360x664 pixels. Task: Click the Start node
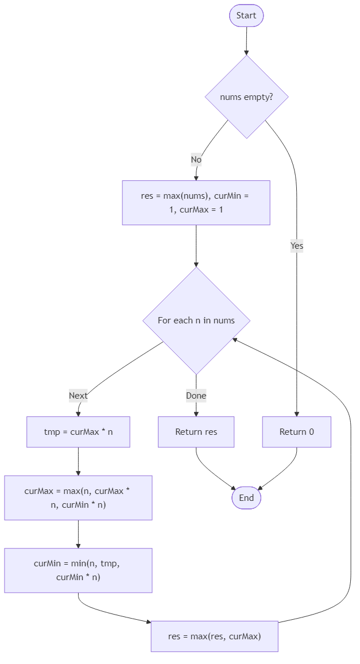pos(246,16)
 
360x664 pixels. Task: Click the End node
pos(246,497)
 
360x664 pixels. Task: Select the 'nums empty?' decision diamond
pos(246,97)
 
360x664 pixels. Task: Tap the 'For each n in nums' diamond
pos(196,321)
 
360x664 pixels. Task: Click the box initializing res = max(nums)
pos(196,203)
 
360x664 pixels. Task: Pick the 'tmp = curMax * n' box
pos(78,432)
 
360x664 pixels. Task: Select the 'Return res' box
pos(196,432)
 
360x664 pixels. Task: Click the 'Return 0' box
pos(296,432)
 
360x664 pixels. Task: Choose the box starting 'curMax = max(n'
pos(78,497)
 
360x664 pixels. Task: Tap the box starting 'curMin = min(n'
pos(78,570)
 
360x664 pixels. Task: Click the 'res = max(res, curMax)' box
pos(214,636)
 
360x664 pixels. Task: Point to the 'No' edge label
pos(196,160)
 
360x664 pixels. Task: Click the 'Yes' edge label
pos(296,246)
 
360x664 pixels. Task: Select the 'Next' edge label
pos(78,395)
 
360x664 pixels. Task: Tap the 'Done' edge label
pos(196,395)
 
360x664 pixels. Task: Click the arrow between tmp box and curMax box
pos(78,461)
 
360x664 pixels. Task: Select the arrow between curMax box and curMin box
pos(78,534)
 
